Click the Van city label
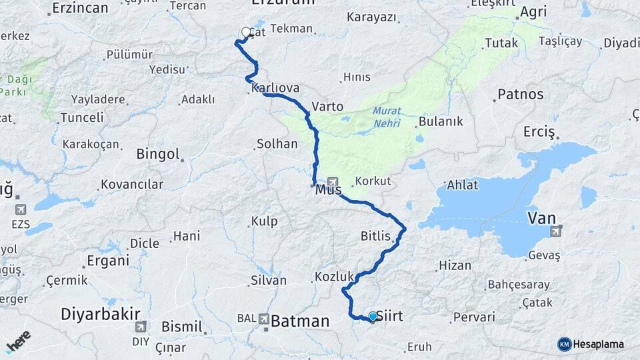click(x=541, y=217)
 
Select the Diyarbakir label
click(x=101, y=313)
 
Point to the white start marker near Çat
click(x=246, y=32)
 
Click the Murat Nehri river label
click(x=387, y=117)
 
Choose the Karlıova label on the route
click(x=275, y=89)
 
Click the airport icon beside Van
click(x=556, y=231)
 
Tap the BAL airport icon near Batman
click(x=264, y=320)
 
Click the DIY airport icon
click(x=140, y=327)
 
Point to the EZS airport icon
click(x=21, y=209)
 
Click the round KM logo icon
click(x=564, y=344)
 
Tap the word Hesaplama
click(x=599, y=345)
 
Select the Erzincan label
click(x=80, y=8)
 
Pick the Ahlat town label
click(x=463, y=185)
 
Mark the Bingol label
click(x=158, y=154)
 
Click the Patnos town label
click(x=521, y=94)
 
